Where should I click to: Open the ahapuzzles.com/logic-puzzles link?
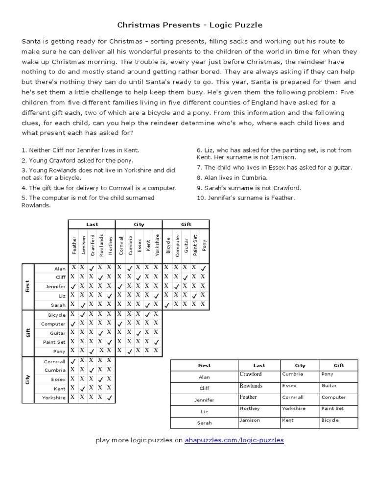234,440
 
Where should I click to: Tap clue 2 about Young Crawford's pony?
77,160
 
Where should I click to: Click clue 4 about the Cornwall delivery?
99,188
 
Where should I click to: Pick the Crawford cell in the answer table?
251,375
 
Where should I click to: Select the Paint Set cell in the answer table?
332,408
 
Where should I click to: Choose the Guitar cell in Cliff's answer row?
329,386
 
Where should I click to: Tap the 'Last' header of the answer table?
259,365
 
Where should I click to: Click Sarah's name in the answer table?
204,423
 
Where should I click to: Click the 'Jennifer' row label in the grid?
55,286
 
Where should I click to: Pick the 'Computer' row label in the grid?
53,324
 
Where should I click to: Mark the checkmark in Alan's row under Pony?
204,268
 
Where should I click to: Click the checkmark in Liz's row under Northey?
109,296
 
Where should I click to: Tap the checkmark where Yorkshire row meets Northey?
109,398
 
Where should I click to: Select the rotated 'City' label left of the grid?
27,380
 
